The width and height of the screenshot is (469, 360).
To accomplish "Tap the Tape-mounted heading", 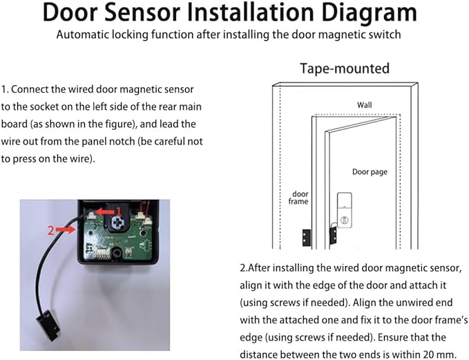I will point(345,68).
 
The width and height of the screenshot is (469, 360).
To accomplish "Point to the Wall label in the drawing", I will point(364,104).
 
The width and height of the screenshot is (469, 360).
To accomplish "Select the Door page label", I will point(370,171).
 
